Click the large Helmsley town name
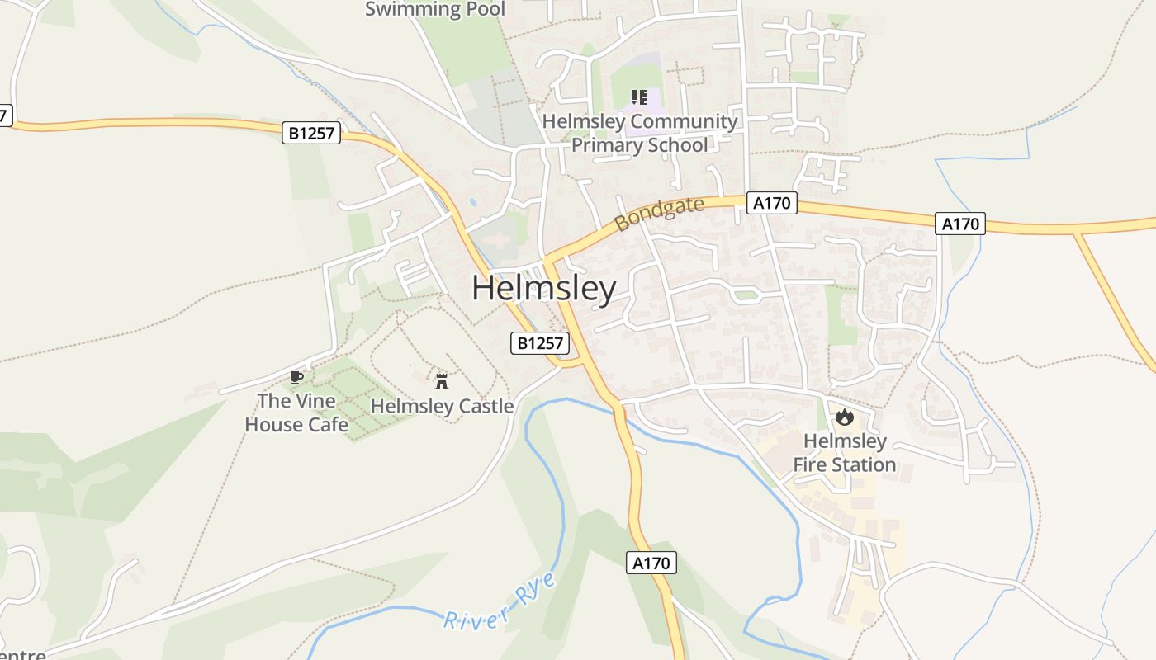coord(544,289)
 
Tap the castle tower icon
coord(442,381)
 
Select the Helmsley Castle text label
coord(442,406)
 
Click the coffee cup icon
coord(296,378)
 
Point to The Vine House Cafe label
coord(296,412)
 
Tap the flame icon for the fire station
coord(844,417)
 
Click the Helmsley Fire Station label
coord(845,453)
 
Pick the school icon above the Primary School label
coord(638,97)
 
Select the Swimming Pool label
coord(435,9)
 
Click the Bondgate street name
coord(660,214)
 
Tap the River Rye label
coord(500,602)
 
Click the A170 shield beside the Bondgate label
coord(772,203)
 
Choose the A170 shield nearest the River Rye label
coord(651,563)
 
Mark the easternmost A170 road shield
coord(960,224)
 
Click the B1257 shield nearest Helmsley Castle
coord(540,343)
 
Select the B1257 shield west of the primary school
coord(311,133)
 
